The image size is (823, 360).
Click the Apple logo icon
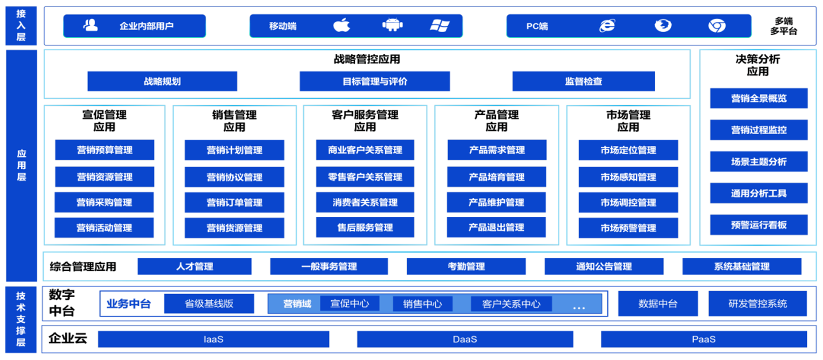pyautogui.click(x=341, y=25)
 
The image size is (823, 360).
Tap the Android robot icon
pyautogui.click(x=392, y=25)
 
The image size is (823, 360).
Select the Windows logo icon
pyautogui.click(x=440, y=25)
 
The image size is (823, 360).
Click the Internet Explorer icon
pyautogui.click(x=607, y=25)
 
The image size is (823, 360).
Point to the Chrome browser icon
pyautogui.click(x=717, y=26)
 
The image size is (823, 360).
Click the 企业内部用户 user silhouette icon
pyautogui.click(x=91, y=25)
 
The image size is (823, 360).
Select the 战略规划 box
pyautogui.click(x=162, y=81)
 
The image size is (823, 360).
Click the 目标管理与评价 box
pyautogui.click(x=375, y=81)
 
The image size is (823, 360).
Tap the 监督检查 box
pyautogui.click(x=584, y=81)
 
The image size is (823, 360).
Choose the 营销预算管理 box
pyautogui.click(x=104, y=150)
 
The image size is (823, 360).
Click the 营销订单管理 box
pyautogui.click(x=234, y=203)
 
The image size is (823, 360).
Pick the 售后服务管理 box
pyautogui.click(x=365, y=227)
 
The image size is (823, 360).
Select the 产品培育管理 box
pyautogui.click(x=496, y=177)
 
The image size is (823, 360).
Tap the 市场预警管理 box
pyautogui.click(x=628, y=228)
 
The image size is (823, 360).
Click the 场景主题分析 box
pyautogui.click(x=759, y=162)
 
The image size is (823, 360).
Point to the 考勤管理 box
pyautogui.click(x=466, y=266)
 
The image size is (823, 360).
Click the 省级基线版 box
pyautogui.click(x=209, y=304)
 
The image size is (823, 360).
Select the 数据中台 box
pyautogui.click(x=658, y=304)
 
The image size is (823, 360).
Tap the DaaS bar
pyautogui.click(x=465, y=339)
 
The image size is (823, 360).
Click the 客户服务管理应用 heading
pyautogui.click(x=365, y=121)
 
